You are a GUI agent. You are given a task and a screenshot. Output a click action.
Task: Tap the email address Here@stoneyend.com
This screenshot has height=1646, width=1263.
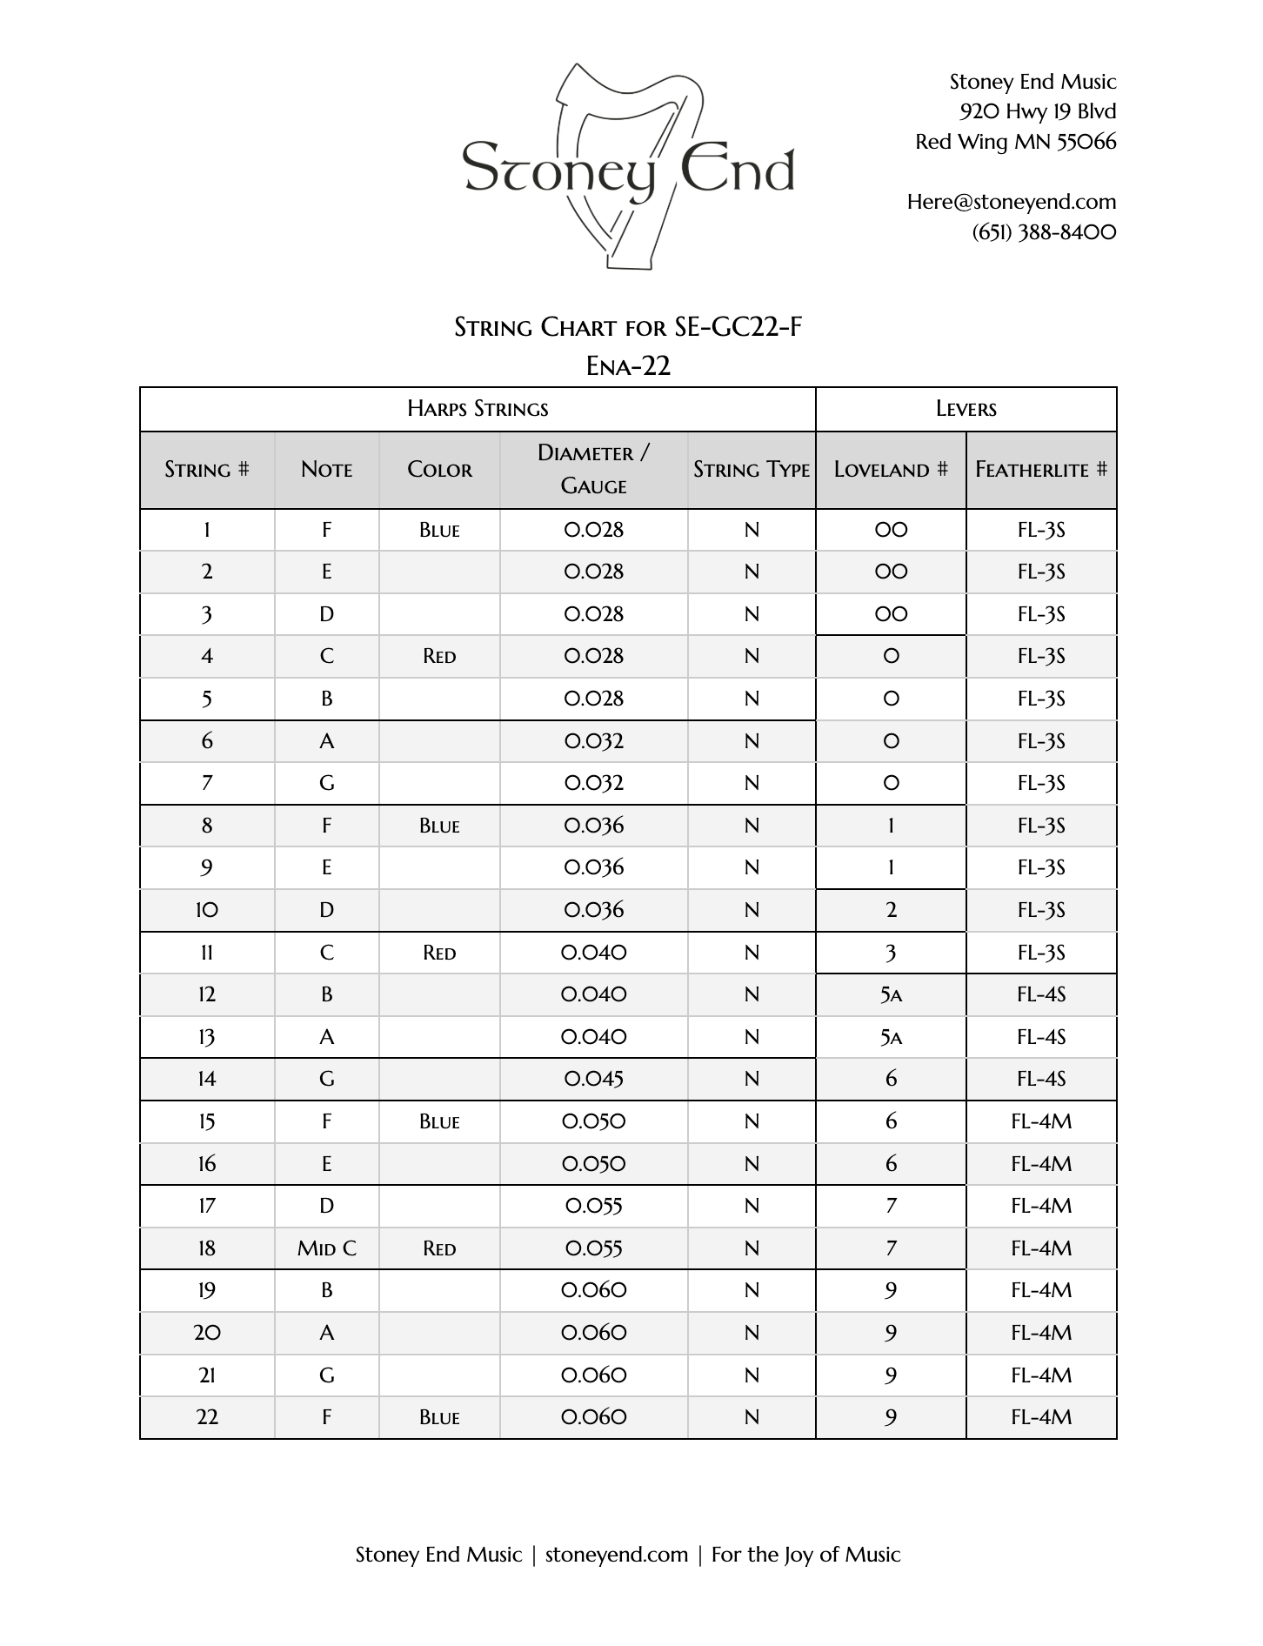click(x=1011, y=202)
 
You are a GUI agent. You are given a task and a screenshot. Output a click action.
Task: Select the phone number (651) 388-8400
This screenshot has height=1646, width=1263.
click(x=1044, y=232)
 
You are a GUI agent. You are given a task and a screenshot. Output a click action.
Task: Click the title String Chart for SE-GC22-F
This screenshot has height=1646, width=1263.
click(x=628, y=327)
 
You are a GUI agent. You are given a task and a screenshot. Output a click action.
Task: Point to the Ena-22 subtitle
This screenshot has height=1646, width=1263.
click(x=628, y=365)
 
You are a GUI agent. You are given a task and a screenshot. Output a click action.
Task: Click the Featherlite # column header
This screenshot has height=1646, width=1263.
click(x=1041, y=470)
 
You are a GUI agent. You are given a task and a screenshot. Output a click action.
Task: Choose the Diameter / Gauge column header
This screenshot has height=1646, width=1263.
click(x=593, y=469)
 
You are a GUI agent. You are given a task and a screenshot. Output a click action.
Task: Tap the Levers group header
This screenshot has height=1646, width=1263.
click(x=966, y=409)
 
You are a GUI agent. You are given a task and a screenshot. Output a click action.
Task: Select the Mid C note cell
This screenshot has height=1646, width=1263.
click(x=327, y=1248)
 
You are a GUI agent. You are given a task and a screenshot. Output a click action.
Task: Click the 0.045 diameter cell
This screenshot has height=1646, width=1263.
click(x=593, y=1079)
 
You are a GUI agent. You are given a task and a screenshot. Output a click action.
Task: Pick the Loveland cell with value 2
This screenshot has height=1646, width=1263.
click(x=891, y=910)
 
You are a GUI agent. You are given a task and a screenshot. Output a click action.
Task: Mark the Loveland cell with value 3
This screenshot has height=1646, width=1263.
click(x=891, y=953)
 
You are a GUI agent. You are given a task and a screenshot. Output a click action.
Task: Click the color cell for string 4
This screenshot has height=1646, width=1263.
click(x=439, y=657)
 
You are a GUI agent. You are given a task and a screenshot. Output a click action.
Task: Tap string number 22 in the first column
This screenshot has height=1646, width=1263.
click(x=207, y=1417)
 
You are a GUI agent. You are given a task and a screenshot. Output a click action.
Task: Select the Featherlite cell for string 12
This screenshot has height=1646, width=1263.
click(x=1041, y=994)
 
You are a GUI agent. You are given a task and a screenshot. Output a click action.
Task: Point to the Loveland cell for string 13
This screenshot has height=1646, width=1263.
click(x=891, y=1037)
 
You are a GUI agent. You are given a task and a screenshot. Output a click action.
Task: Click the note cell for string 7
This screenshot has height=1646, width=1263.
click(x=327, y=783)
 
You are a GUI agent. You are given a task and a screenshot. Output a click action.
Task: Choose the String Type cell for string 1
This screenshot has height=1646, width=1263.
click(x=752, y=530)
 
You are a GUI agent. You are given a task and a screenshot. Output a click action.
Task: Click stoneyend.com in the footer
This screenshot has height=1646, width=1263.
click(x=616, y=1555)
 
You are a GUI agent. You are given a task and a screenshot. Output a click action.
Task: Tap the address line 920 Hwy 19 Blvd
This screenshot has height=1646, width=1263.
click(x=1037, y=111)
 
